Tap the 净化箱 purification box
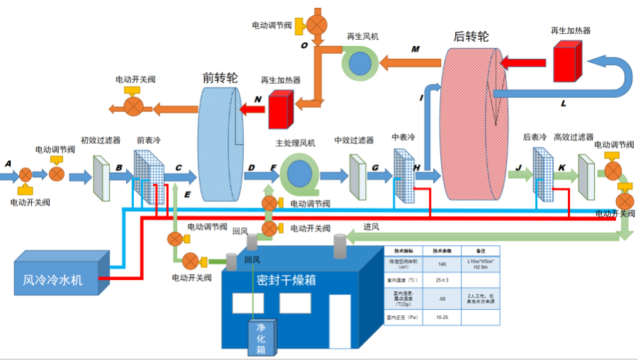261,338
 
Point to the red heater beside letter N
281,111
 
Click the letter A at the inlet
8,163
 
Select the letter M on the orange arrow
415,49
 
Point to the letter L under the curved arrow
564,103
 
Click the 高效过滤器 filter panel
586,176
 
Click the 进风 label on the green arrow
371,227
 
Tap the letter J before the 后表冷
520,167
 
